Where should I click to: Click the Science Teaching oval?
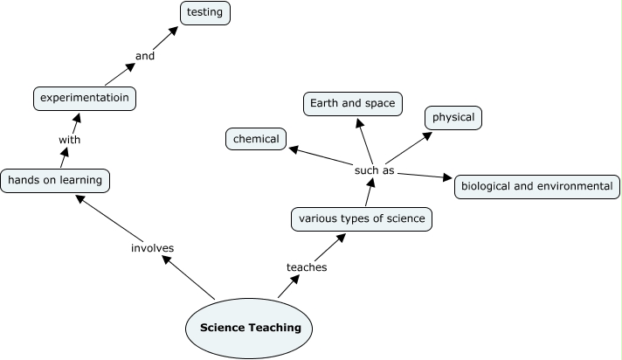click(x=249, y=329)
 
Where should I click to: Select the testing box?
click(x=205, y=13)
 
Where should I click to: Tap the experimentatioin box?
click(x=85, y=99)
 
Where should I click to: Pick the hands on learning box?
click(x=55, y=181)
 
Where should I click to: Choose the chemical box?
click(x=256, y=139)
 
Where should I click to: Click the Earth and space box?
click(x=353, y=104)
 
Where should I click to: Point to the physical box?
click(x=453, y=118)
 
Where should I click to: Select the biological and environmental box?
click(x=537, y=186)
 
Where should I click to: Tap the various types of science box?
click(x=362, y=219)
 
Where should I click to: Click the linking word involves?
click(x=152, y=248)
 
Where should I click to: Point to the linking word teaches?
click(x=307, y=267)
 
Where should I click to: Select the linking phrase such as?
click(x=375, y=170)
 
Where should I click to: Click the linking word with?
click(x=69, y=140)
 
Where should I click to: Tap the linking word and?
click(x=145, y=56)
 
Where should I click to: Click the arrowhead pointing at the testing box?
click(x=173, y=31)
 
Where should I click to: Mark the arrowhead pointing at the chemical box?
click(x=294, y=149)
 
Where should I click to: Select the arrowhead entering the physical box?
click(x=428, y=135)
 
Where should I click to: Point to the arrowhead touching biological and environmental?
click(x=447, y=177)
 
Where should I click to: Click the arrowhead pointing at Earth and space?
click(x=359, y=122)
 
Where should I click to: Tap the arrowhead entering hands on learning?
click(x=79, y=198)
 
